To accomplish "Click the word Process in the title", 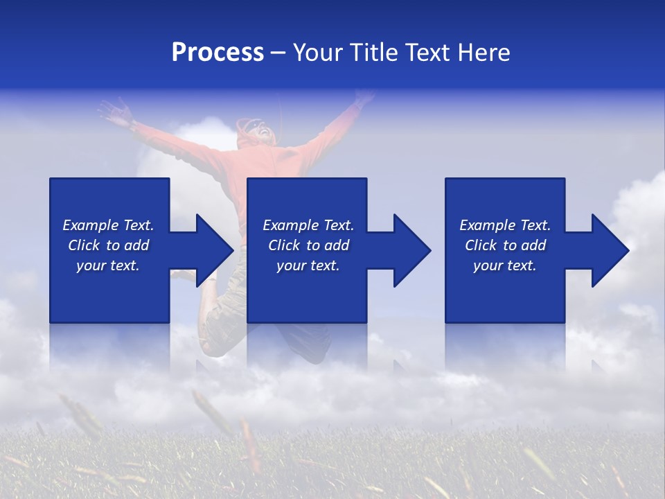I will click(x=218, y=53).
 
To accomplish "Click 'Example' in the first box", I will click(x=91, y=225).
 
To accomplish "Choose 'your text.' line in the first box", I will click(x=108, y=266).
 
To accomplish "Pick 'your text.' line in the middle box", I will click(x=308, y=266).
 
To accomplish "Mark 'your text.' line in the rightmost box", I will click(x=505, y=266).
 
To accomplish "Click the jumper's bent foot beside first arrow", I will click(x=183, y=275).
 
